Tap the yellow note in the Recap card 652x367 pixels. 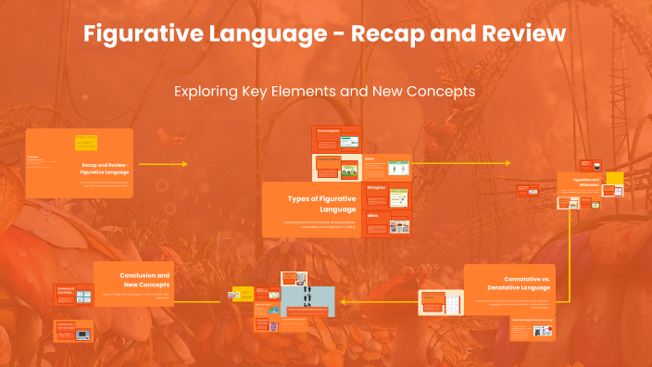coord(85,143)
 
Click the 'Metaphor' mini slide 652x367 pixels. coord(386,196)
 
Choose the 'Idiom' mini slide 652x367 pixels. coord(386,223)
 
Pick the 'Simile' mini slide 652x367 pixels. coord(386,168)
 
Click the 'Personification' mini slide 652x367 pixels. coord(335,168)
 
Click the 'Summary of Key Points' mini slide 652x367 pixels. coord(74,295)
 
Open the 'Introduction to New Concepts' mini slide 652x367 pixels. coord(74,331)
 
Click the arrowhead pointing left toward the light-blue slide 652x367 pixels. coord(345,301)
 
